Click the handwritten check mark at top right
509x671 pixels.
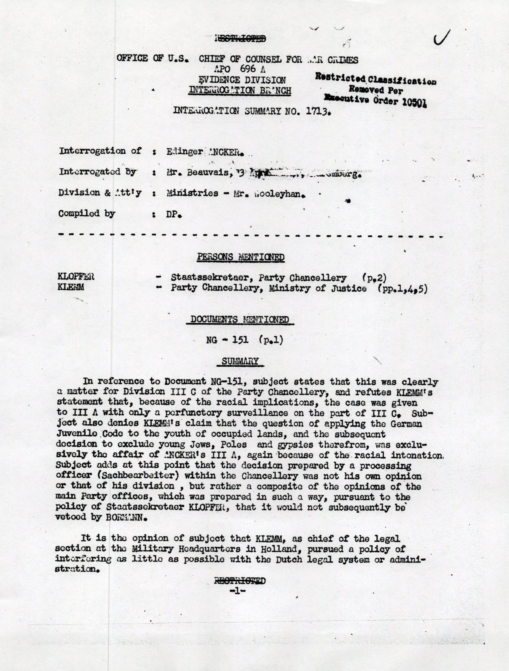pos(441,39)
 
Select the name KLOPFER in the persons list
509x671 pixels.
pos(76,277)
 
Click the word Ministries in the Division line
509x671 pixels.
pos(192,193)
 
